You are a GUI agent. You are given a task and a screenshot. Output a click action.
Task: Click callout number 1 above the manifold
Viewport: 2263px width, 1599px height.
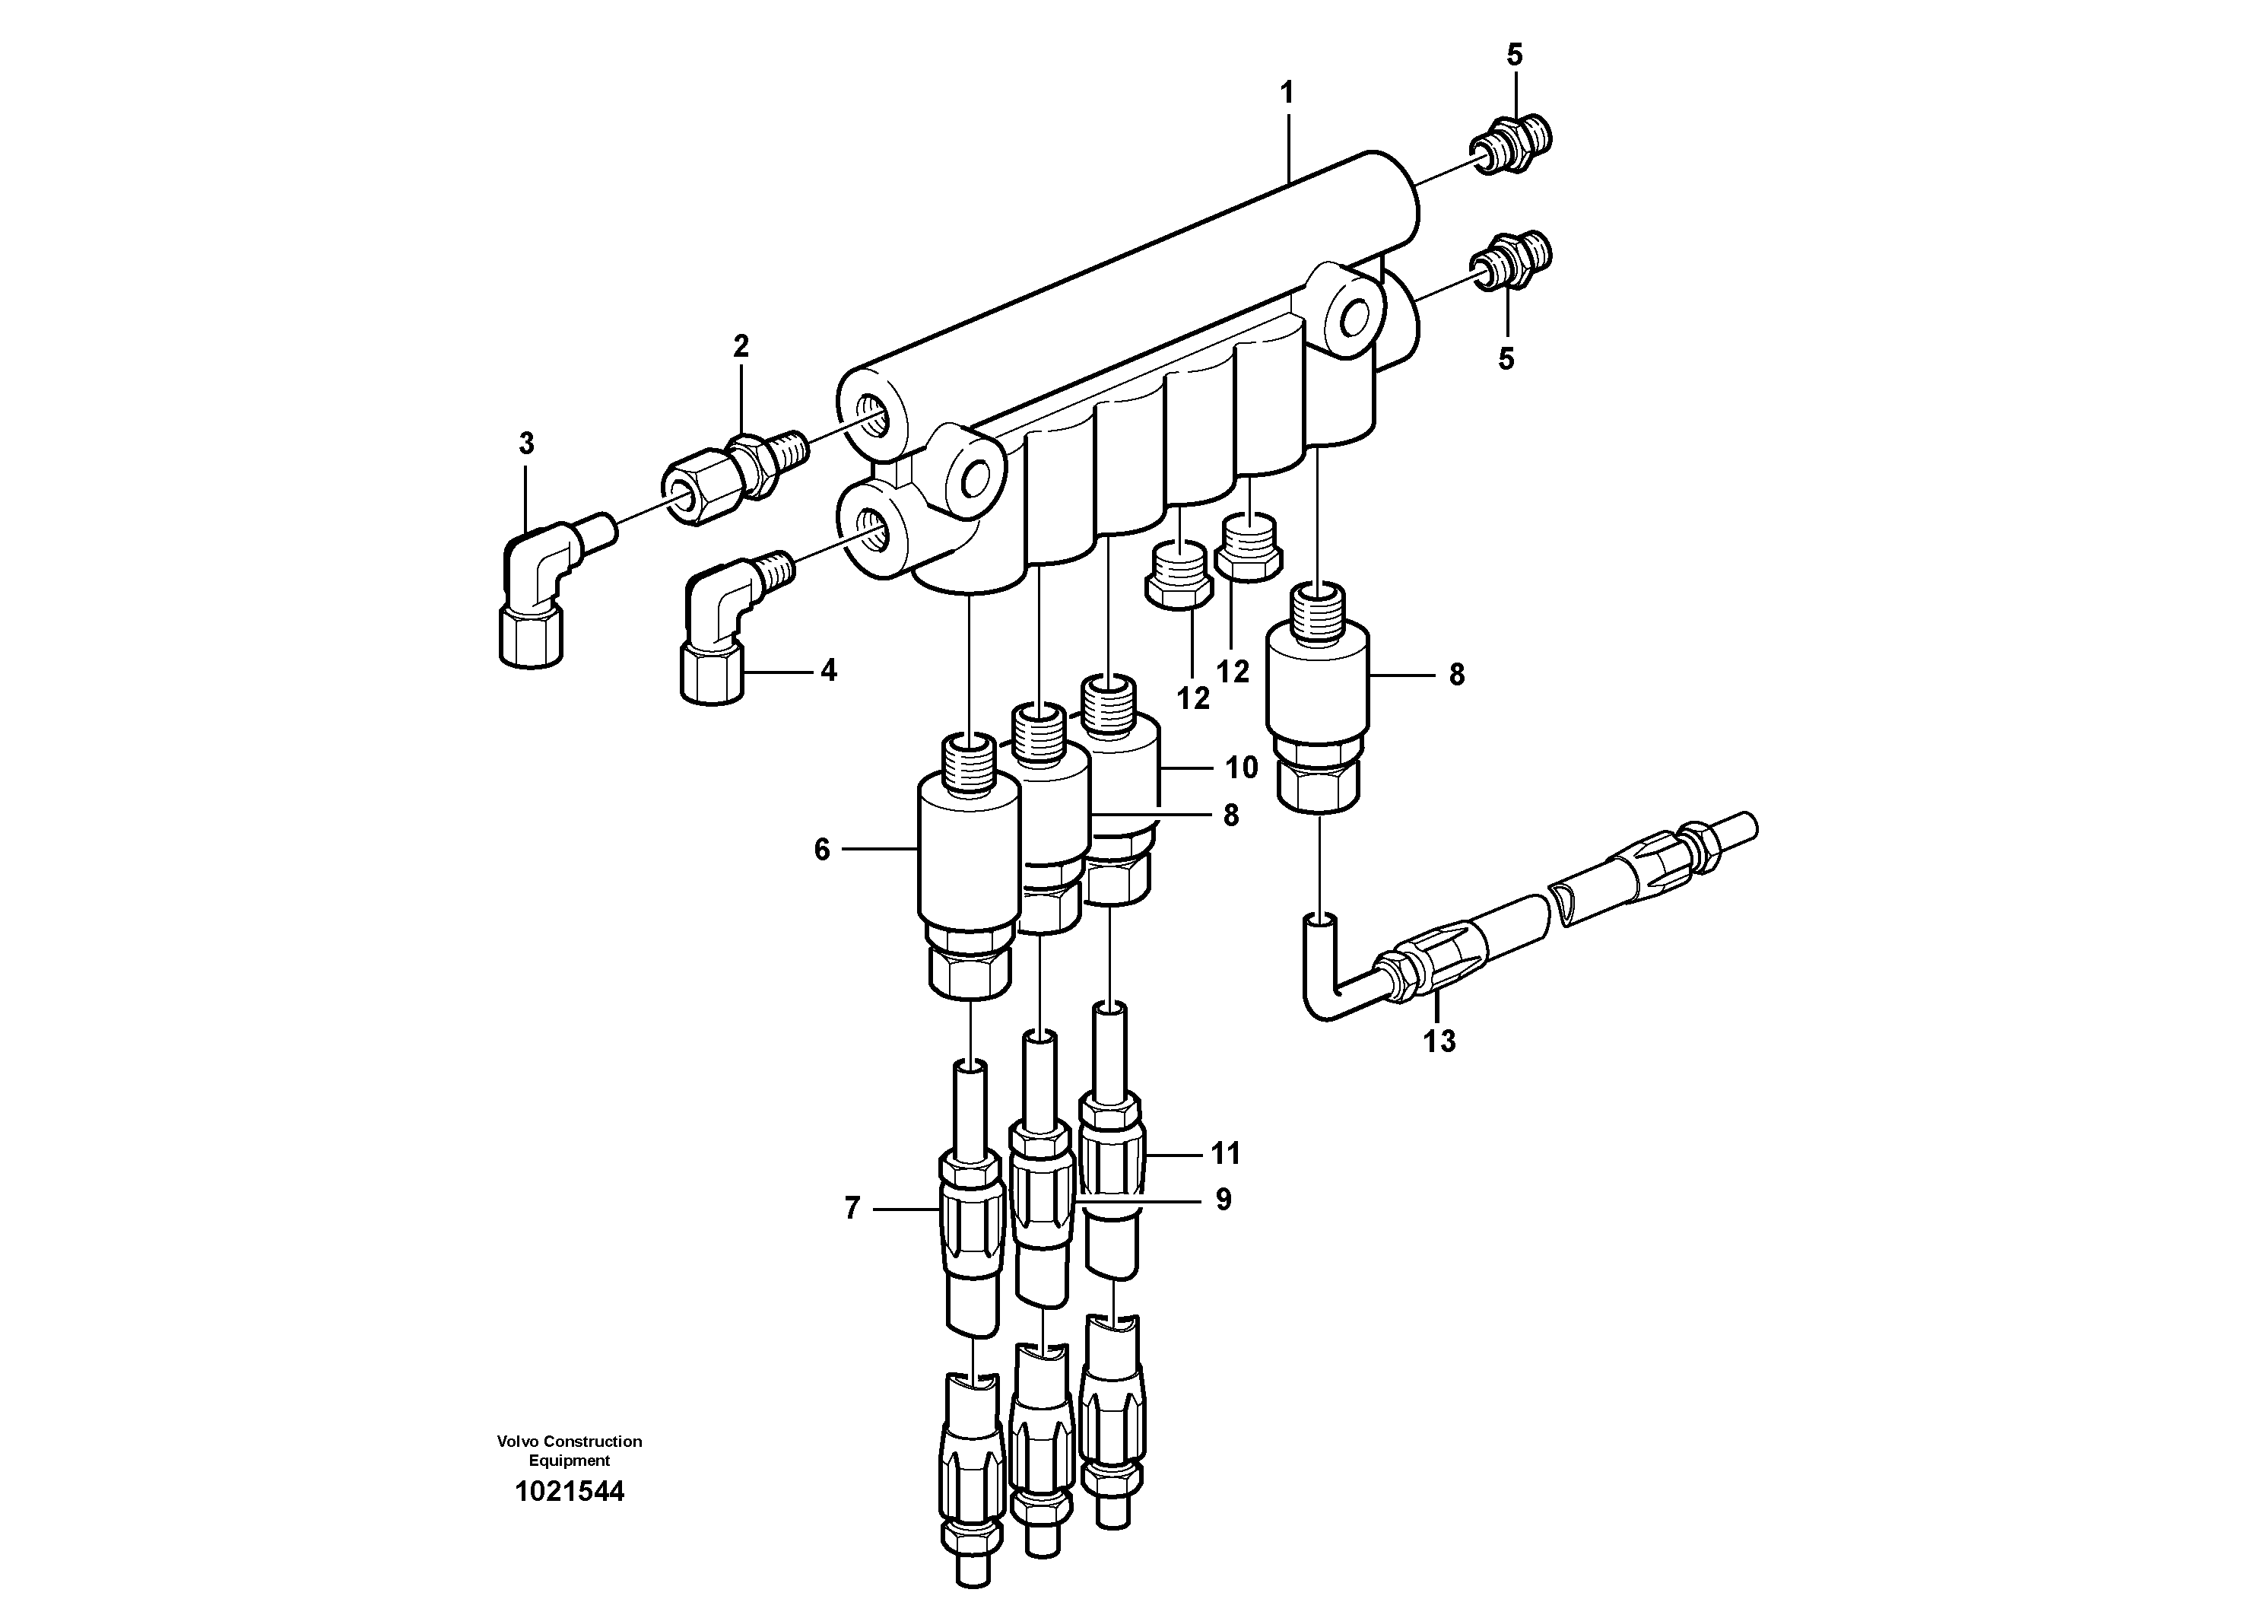[1285, 94]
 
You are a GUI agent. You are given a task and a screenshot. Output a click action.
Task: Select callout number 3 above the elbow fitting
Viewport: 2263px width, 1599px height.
[526, 443]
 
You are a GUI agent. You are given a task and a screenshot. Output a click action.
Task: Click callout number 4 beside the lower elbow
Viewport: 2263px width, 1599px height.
[828, 670]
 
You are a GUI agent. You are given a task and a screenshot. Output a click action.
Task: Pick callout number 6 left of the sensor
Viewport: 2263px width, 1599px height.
[822, 850]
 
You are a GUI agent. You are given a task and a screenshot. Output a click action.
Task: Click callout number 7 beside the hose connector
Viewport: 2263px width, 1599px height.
[852, 1208]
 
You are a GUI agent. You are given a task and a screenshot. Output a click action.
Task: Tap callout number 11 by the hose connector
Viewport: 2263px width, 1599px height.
[1225, 1152]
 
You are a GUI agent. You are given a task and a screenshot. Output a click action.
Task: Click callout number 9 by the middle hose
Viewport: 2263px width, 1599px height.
[1224, 1200]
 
